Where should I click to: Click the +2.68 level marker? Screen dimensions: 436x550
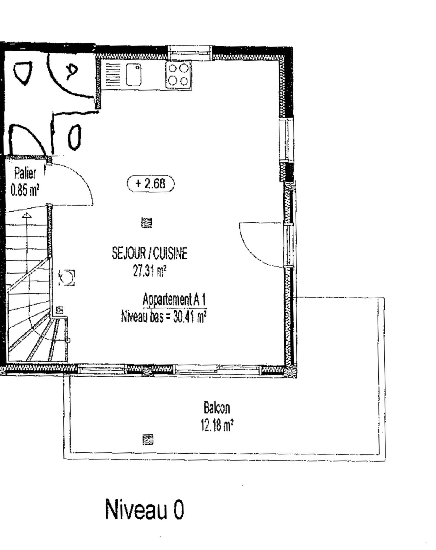click(151, 183)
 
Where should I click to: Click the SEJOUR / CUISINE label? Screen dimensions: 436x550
click(150, 253)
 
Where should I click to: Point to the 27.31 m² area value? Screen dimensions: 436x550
click(150, 271)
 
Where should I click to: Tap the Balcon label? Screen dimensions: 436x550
click(217, 407)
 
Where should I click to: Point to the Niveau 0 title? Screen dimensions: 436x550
click(144, 509)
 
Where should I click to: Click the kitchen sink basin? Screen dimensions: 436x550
click(134, 75)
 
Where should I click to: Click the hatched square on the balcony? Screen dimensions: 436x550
click(148, 439)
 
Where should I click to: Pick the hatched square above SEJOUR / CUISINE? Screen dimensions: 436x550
click(147, 223)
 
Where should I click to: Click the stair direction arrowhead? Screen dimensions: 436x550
click(27, 215)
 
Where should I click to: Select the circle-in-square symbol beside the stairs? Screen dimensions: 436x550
click(67, 278)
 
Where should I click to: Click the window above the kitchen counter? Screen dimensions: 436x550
click(190, 53)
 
